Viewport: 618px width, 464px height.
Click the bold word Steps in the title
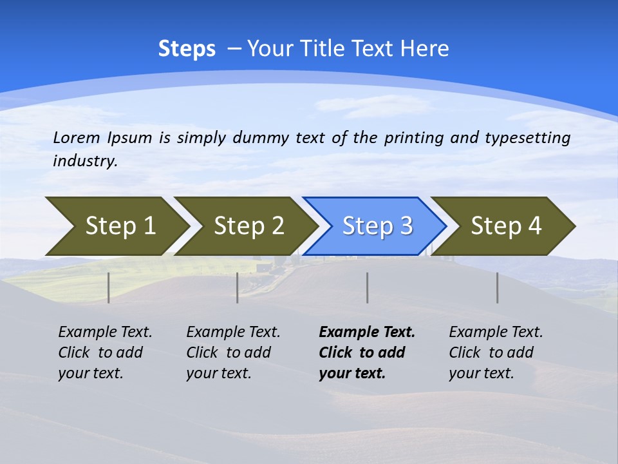pos(187,49)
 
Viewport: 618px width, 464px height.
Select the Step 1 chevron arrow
pos(116,226)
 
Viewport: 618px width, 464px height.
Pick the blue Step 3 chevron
pos(375,226)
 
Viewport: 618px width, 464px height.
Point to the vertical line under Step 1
pos(109,287)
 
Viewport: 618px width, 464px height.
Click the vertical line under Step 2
pos(238,287)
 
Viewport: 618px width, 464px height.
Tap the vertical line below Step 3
pos(367,287)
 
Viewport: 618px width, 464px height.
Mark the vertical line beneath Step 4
pos(497,287)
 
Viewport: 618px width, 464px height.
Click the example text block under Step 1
pos(105,353)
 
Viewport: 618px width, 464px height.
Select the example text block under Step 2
pos(233,353)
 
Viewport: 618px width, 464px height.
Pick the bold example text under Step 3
pos(366,353)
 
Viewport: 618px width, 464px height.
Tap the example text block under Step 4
pos(496,353)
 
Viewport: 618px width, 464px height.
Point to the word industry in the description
pos(84,161)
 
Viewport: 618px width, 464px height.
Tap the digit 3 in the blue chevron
pos(406,226)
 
